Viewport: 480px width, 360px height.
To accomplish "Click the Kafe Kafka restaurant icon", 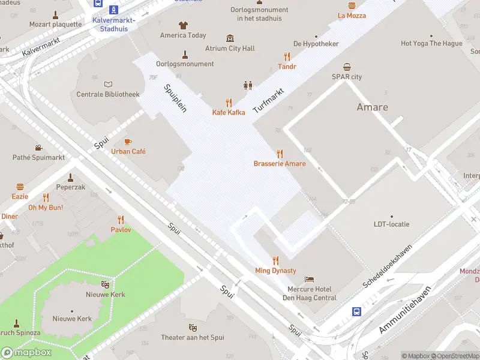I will click(x=229, y=103).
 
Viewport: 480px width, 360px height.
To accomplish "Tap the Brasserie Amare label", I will click(x=279, y=164).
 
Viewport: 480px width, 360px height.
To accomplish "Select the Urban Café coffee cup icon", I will click(x=127, y=142).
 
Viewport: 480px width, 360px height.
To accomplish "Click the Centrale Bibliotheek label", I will click(x=108, y=94).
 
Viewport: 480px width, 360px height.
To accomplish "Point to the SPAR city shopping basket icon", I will click(x=347, y=67).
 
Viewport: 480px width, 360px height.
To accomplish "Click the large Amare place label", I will click(x=372, y=107).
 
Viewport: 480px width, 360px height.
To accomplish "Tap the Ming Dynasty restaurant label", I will click(x=275, y=271).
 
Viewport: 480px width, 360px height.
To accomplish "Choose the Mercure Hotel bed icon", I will click(x=309, y=280).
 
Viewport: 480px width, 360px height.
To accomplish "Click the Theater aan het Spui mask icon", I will click(x=193, y=327).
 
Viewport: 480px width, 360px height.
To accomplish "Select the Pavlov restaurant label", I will click(x=121, y=230).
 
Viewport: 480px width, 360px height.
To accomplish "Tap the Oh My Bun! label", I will click(x=46, y=208).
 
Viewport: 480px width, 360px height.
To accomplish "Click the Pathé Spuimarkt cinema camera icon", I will click(x=38, y=148).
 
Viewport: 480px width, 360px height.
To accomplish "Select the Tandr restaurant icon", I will click(x=287, y=57).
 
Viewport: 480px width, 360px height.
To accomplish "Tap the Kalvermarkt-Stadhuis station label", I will click(x=113, y=25).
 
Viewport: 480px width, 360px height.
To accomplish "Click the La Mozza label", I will click(x=352, y=16).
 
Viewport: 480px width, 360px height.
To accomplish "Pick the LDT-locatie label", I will click(x=391, y=224).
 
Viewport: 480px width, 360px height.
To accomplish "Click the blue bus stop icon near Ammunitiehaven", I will click(x=356, y=311).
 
